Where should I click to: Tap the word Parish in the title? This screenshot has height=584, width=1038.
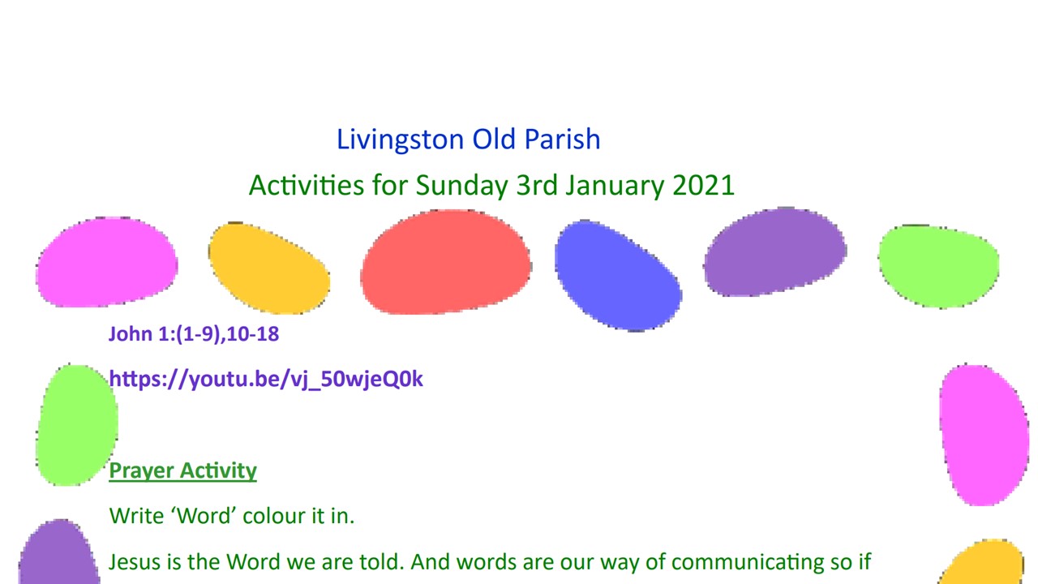click(x=562, y=139)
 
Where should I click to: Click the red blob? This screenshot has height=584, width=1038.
click(x=446, y=262)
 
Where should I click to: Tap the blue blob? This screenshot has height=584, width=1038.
click(x=618, y=276)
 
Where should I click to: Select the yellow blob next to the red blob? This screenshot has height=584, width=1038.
click(x=269, y=268)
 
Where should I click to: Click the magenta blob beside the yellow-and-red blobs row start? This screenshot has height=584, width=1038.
click(x=106, y=262)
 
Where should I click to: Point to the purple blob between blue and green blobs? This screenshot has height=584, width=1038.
click(x=775, y=251)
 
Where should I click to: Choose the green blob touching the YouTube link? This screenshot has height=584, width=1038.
click(x=77, y=425)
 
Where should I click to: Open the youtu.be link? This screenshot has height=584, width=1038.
click(x=266, y=379)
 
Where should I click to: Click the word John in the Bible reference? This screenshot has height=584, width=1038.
click(x=131, y=333)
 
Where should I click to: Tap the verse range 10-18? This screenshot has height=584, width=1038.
click(x=253, y=333)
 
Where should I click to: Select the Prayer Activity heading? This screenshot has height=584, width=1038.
click(x=182, y=471)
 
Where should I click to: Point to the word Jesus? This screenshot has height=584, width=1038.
click(x=135, y=562)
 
